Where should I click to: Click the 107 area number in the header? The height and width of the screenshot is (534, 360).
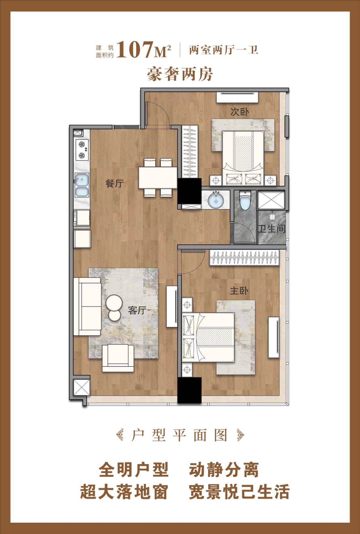[x=135, y=49]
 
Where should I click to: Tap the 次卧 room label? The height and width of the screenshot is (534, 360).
[x=239, y=112]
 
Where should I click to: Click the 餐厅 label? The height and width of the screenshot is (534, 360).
[x=115, y=184]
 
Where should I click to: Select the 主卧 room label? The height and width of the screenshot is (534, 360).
[x=239, y=291]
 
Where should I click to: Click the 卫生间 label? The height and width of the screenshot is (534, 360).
[x=271, y=229]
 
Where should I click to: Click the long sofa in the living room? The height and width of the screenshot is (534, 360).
[x=87, y=306]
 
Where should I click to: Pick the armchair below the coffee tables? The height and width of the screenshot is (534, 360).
[x=118, y=358]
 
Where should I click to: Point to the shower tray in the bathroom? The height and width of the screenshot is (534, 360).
[x=271, y=200]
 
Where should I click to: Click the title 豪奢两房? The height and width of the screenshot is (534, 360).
[x=180, y=74]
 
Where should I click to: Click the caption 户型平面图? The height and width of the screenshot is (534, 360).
[x=180, y=435]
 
